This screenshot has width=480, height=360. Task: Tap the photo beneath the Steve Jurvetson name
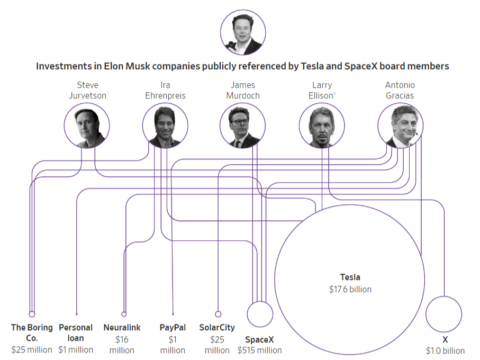click(87, 125)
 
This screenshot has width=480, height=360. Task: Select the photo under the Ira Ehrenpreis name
click(165, 125)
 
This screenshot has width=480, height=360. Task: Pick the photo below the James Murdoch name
click(243, 125)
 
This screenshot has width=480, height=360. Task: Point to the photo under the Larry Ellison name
click(321, 125)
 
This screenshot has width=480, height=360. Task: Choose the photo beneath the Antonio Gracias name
click(400, 125)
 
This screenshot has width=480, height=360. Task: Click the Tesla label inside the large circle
click(350, 277)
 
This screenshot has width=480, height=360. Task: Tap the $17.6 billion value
click(350, 290)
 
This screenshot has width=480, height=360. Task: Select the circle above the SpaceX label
click(260, 314)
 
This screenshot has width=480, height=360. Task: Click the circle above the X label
click(444, 314)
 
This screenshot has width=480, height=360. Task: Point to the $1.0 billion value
click(445, 350)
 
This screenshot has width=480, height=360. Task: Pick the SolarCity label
click(217, 328)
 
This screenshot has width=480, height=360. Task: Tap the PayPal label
click(173, 328)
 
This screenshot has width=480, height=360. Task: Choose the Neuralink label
click(122, 328)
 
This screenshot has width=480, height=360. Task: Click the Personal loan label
click(76, 333)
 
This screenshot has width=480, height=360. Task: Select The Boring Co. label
click(32, 333)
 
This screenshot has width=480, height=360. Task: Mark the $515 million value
click(259, 350)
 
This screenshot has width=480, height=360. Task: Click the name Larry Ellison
click(321, 91)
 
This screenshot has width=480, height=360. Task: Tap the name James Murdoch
click(243, 91)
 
